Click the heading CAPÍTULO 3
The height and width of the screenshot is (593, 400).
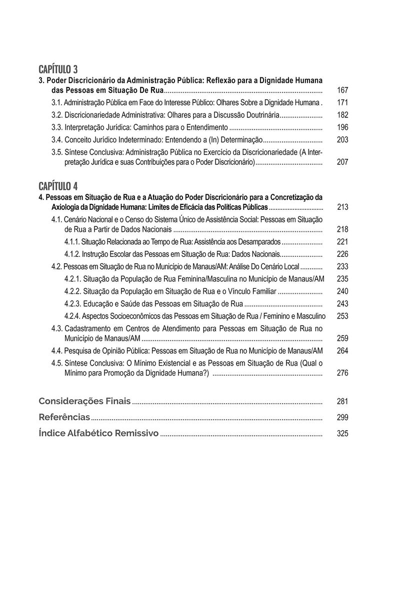(x=58, y=69)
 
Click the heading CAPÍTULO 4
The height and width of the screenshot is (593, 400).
(x=58, y=186)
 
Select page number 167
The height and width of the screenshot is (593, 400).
(x=342, y=90)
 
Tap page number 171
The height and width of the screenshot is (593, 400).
(x=342, y=103)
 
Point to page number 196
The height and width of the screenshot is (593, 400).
(x=342, y=127)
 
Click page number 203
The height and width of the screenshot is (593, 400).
(x=342, y=140)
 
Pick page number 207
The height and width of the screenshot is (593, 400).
(x=342, y=162)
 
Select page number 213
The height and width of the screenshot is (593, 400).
(x=342, y=207)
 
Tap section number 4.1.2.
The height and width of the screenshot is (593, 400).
(x=73, y=254)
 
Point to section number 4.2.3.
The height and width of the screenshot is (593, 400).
(x=73, y=304)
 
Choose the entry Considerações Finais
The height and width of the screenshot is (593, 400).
(x=85, y=401)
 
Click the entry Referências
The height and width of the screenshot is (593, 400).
(x=64, y=417)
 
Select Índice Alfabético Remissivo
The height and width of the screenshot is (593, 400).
(x=98, y=433)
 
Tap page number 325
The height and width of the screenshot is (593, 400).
(x=342, y=434)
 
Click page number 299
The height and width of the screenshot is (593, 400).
(x=342, y=418)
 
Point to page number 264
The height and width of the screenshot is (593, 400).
(x=342, y=351)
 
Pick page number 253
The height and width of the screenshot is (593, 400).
(x=342, y=316)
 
